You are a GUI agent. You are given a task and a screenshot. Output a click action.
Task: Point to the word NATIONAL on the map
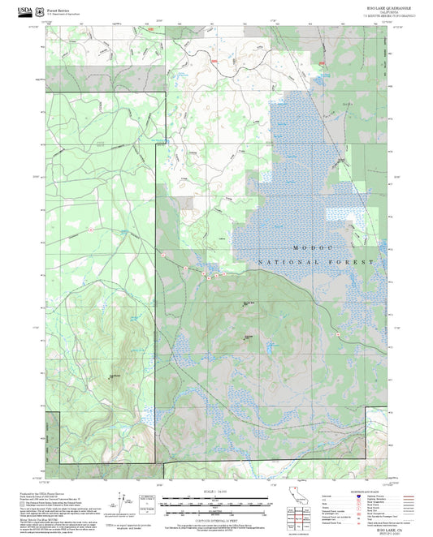(284, 263)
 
